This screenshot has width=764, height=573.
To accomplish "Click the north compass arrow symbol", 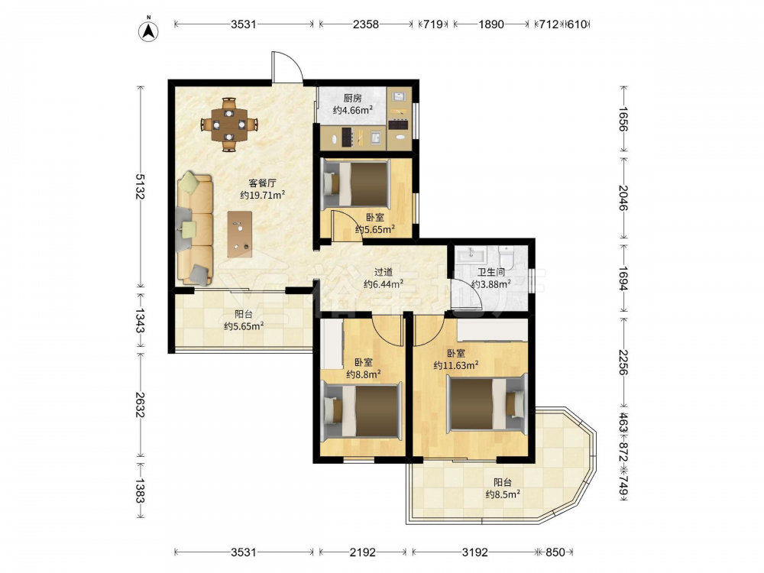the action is point(149,31).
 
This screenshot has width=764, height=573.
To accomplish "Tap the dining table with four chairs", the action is point(229,125).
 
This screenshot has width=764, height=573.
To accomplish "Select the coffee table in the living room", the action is point(239,234).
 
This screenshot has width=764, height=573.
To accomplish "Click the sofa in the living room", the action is point(195,229).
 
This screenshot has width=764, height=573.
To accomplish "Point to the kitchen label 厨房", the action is point(353,99).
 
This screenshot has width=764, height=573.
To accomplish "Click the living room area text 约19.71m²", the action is point(262,196).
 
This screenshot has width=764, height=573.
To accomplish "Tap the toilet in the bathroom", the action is point(507,257).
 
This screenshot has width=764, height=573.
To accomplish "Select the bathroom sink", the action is point(471,254).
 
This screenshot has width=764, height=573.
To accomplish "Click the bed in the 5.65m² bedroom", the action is point(357,183).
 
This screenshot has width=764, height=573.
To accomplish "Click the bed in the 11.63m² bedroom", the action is point(487,402).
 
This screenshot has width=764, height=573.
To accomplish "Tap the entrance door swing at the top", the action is point(288,66).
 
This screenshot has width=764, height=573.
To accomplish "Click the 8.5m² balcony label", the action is point(503,488).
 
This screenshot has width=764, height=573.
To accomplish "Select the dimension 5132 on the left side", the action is point(140,186).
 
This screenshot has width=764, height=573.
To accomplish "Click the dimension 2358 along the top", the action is point(365,24).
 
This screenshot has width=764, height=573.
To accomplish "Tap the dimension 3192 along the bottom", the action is point(474,552).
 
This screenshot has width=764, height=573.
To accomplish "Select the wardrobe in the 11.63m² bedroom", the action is point(492,330).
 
